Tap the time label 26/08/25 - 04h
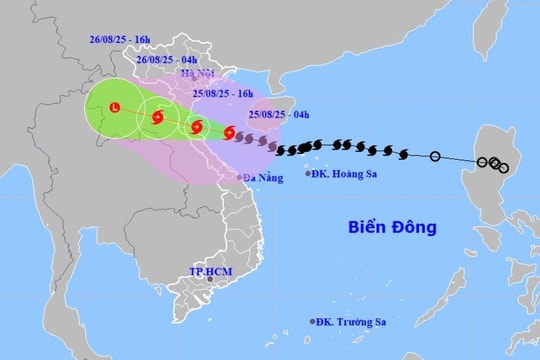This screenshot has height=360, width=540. point(165,58)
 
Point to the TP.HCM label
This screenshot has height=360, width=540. point(210,271)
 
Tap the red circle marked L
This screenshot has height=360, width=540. point(115,107)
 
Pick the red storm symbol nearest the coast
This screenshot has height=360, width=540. point(231,132)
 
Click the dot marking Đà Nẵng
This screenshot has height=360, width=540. point(240,177)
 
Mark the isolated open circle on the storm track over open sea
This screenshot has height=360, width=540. point(435,156)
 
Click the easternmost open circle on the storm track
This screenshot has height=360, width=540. point(503,168)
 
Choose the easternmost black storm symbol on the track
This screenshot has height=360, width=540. point(403,154)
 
